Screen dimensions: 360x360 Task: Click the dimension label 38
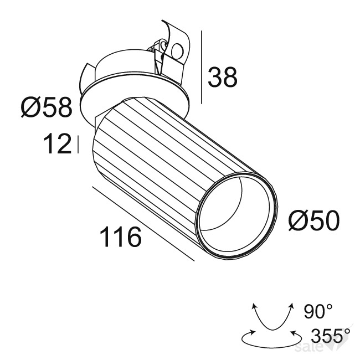point(222,77)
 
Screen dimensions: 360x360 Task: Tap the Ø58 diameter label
point(47,107)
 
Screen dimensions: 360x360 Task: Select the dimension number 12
point(58,144)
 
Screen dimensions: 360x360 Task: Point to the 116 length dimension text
point(120,236)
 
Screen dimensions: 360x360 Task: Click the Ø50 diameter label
point(314,220)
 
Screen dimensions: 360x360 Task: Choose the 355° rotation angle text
point(331,335)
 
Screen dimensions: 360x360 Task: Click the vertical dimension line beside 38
point(202,67)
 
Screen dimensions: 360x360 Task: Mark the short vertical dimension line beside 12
point(78,145)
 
